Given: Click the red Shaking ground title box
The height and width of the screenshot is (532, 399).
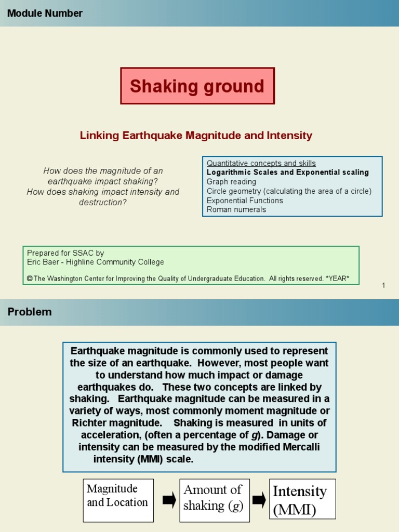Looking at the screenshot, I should tap(197, 86).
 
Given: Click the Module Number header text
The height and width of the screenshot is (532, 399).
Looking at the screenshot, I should tap(45, 14).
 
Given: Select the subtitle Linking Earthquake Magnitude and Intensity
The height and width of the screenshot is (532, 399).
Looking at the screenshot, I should tap(196, 136).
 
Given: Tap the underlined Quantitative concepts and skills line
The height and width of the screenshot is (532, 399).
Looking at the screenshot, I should tap(261, 163).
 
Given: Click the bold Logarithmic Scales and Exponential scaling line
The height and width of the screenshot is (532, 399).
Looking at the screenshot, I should tap(287, 172).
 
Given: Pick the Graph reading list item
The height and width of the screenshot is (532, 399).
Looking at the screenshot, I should tap(231, 182).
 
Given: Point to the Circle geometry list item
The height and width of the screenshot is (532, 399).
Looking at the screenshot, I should tap(289, 191).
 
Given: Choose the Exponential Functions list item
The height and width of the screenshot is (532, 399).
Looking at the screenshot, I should tap(245, 201).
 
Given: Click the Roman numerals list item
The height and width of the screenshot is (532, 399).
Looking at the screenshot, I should tap(236, 210).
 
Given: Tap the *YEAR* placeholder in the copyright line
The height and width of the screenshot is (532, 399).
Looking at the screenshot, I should tap(338, 279).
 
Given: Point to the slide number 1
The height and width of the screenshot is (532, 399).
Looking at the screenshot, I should tap(383, 285).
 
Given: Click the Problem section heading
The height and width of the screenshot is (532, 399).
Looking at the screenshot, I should tap(30, 312).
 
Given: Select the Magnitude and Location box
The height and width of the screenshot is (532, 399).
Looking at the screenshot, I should tap(118, 500).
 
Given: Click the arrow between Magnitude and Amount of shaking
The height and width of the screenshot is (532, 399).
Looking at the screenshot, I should tap(169, 500).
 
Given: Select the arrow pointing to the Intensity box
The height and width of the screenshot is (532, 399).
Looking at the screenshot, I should tap(259, 500).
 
